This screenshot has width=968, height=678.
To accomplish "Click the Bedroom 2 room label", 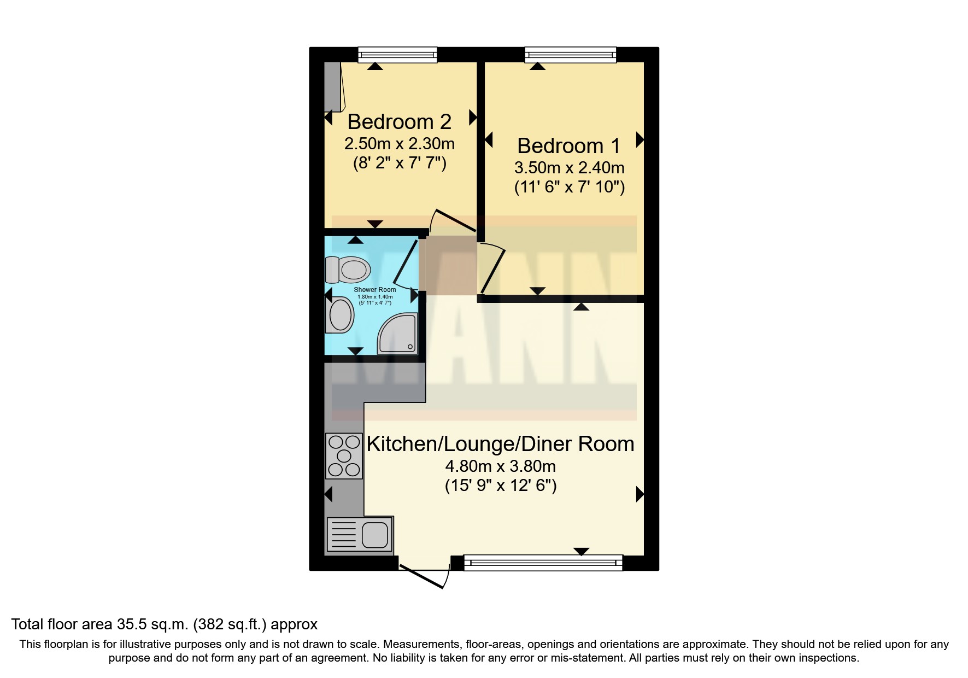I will tap(399, 122).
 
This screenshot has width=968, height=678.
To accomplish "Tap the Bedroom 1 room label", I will tap(569, 146).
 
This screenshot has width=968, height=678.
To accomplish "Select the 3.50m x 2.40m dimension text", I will tap(569, 167).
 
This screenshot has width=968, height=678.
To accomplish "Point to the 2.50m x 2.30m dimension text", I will tap(399, 144).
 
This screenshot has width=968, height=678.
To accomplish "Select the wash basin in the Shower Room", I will tap(339, 315).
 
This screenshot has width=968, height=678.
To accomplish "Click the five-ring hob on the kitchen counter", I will tap(344, 455).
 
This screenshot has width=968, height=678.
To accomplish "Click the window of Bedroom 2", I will tap(397, 55).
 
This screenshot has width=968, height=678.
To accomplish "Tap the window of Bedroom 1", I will tap(570, 55).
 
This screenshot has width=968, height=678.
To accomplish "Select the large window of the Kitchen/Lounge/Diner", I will tap(542, 563).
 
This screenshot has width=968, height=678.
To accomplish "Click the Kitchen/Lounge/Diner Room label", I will tap(500, 444).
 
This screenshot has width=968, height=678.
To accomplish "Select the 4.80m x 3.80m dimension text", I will tap(500, 466).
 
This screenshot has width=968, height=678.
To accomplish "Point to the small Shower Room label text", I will tap(374, 290).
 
